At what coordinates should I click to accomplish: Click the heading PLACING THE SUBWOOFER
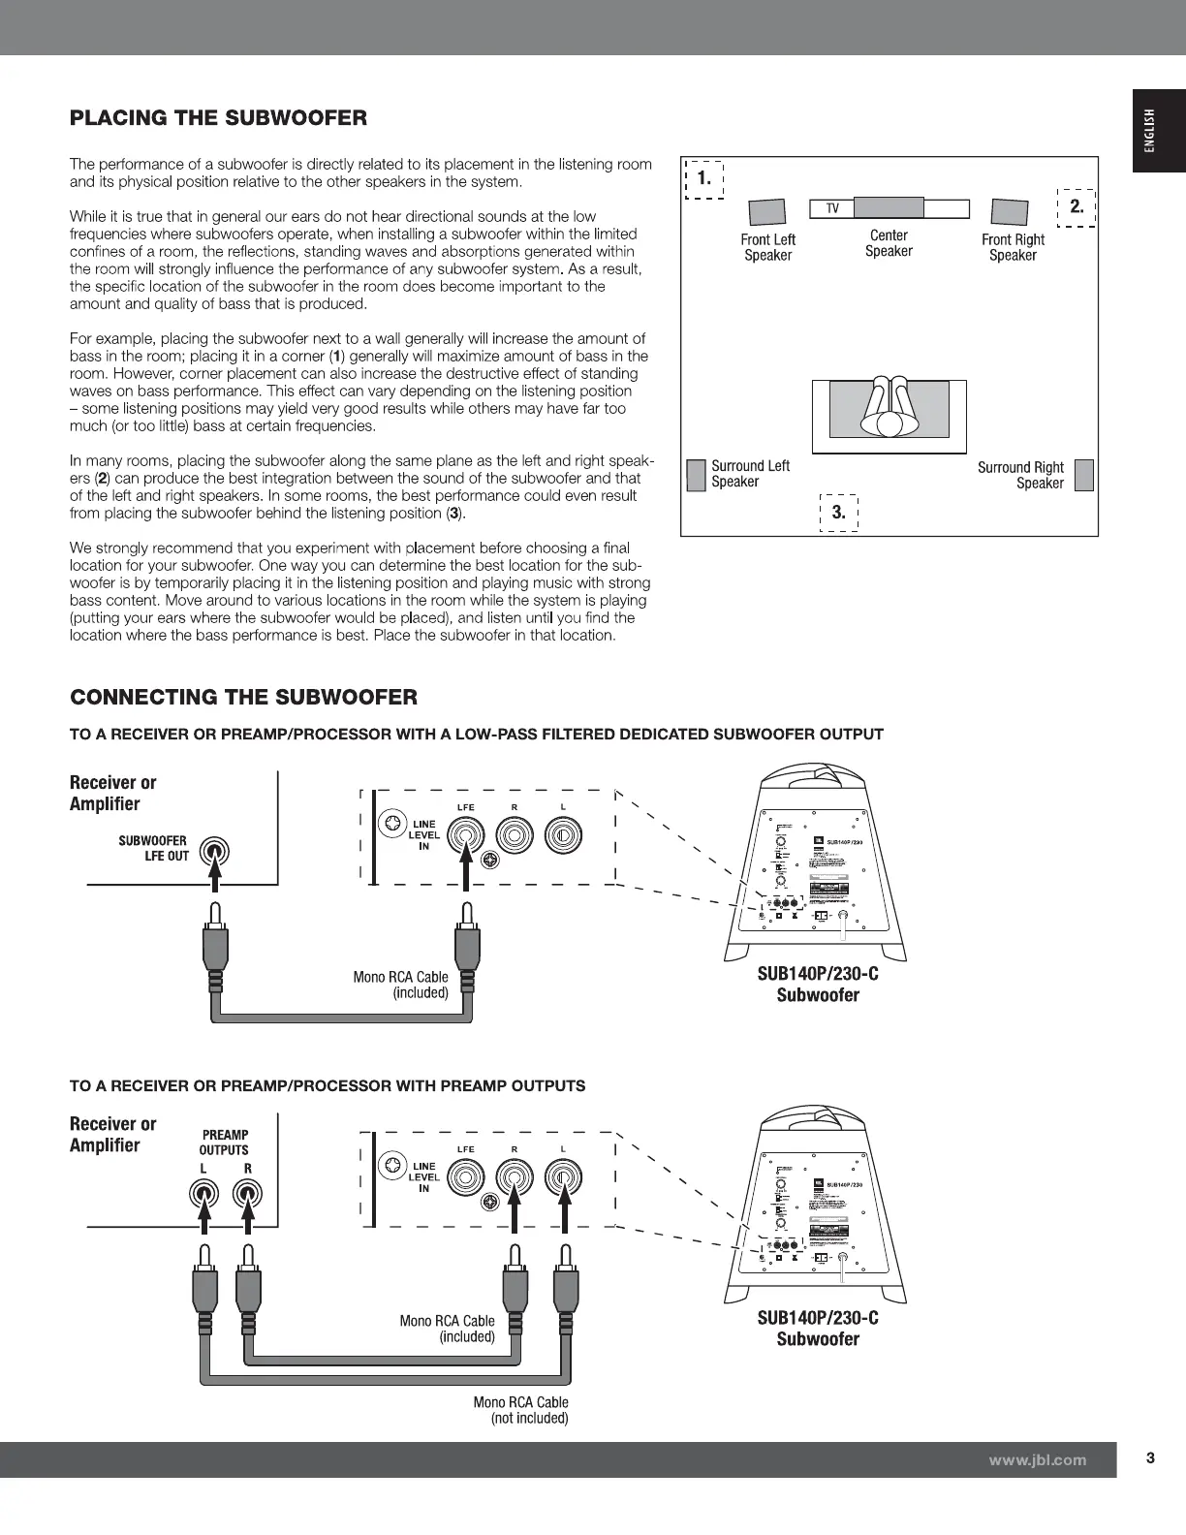click(218, 118)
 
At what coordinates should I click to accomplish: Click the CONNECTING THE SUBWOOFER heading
click(243, 697)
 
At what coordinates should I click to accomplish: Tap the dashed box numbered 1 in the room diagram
click(704, 178)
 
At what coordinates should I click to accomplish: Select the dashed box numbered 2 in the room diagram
click(1076, 206)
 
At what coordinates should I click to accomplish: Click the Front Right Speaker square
click(1009, 212)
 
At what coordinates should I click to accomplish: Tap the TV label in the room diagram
click(831, 209)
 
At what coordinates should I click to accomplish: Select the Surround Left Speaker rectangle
click(695, 475)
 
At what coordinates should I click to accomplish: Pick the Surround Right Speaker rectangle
click(1084, 475)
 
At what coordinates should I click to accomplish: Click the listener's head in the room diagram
click(889, 423)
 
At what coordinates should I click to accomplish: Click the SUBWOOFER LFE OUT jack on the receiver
click(215, 852)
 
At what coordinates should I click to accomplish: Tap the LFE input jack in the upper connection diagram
click(467, 834)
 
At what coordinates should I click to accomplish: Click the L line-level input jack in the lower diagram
click(562, 1177)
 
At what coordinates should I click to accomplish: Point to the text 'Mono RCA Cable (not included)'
click(520, 1410)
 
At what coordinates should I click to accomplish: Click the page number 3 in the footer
click(1150, 1458)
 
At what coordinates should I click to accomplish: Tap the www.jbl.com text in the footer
click(1038, 1459)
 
